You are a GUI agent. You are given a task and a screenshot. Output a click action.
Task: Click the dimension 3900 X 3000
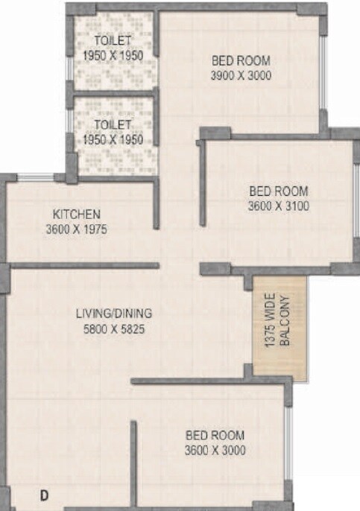[241, 75]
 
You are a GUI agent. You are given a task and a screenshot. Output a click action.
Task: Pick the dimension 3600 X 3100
[278, 205]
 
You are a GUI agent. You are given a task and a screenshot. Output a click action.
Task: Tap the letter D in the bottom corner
[45, 495]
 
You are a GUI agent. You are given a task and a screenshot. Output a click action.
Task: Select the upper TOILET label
[113, 40]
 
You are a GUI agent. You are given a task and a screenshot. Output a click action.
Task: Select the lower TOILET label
[113, 124]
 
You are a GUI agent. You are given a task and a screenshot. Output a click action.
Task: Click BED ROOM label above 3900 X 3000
[241, 60]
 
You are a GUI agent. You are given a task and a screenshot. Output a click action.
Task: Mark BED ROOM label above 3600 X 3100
[278, 190]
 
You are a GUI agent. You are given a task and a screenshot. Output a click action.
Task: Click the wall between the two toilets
[112, 93]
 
